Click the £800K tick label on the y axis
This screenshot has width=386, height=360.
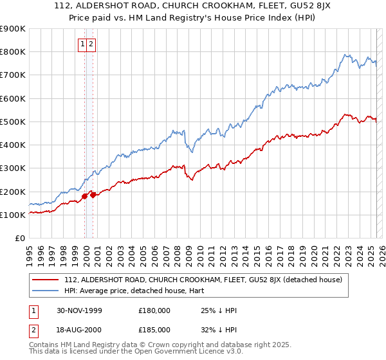point(13,51)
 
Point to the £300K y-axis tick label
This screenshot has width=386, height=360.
point(13,168)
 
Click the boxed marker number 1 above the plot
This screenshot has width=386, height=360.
point(84,44)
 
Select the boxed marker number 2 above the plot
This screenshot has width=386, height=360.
point(91,44)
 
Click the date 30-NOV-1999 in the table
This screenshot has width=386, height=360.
point(79,310)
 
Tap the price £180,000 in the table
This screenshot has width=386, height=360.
point(154,310)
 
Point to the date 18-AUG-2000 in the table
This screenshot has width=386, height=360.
point(79,329)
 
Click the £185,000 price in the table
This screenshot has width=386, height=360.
point(154,329)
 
